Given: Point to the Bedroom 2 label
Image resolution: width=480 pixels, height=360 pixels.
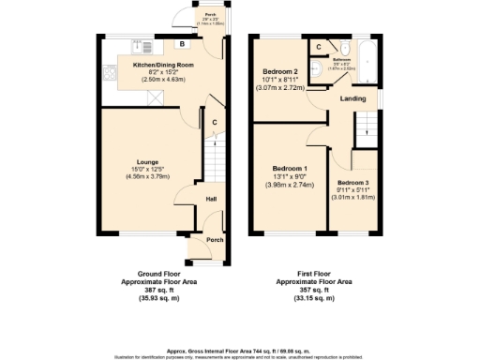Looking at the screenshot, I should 280,71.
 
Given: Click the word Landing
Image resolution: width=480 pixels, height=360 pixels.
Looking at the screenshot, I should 352,97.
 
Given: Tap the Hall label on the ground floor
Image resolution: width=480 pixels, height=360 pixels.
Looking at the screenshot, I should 211,198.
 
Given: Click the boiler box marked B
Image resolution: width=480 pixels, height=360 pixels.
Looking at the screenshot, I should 180,44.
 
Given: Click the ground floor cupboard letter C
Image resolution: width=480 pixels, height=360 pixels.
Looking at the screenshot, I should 215,123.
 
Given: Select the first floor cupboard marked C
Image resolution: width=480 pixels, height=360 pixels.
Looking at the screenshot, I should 319,47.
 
